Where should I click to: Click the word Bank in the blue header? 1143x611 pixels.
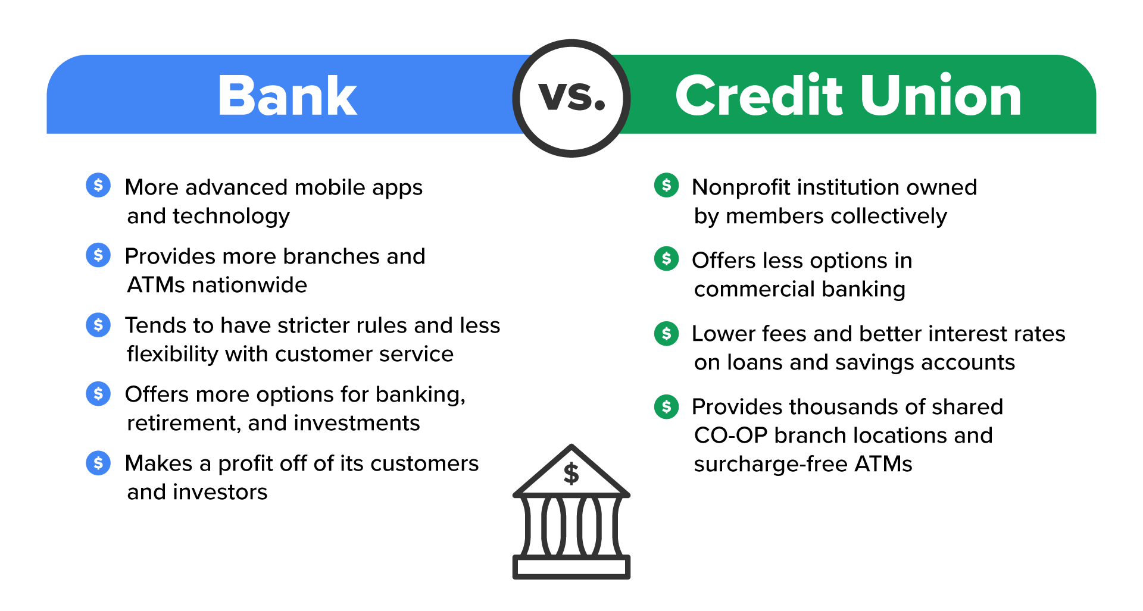287,96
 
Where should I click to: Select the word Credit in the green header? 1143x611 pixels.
759,96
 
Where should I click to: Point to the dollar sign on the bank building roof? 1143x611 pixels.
571,474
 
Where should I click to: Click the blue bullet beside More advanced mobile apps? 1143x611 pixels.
98,186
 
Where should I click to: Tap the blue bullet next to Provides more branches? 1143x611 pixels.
98,255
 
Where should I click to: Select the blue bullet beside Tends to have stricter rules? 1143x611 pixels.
98,325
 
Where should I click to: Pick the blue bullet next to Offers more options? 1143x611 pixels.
98,393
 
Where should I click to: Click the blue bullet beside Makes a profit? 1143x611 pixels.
98,463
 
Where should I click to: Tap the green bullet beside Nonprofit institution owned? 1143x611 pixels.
666,186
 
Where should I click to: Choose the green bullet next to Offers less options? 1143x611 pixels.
666,259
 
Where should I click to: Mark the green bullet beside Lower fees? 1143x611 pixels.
666,333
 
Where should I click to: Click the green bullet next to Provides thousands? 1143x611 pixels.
666,407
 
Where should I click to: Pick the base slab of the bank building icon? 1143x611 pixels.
571,567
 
